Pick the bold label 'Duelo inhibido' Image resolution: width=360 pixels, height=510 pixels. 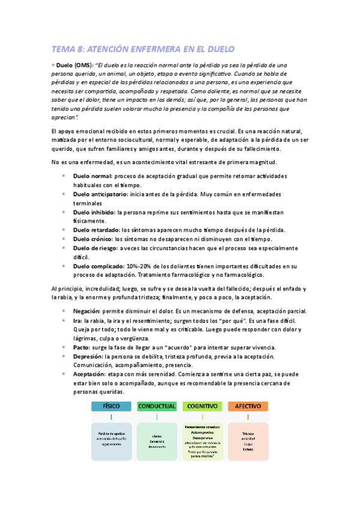tap(94, 212)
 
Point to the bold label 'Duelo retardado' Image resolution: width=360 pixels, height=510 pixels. tap(96, 230)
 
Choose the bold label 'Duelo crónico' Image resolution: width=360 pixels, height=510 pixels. tap(93, 239)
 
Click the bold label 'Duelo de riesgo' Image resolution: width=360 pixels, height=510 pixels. tap(95, 248)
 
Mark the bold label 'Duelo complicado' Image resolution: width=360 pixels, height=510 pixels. tap(98, 266)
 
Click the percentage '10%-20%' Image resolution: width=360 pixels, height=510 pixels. tap(140, 266)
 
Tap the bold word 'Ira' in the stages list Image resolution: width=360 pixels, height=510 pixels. tap(77, 321)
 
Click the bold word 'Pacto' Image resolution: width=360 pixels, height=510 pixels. tap(82, 348)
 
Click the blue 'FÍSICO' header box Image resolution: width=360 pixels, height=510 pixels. tap(111, 407)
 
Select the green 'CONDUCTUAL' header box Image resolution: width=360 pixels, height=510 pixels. tap(157, 407)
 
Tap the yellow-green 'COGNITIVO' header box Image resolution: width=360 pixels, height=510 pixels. tap(202, 407)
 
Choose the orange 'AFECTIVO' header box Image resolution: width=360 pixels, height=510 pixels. tap(248, 407)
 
